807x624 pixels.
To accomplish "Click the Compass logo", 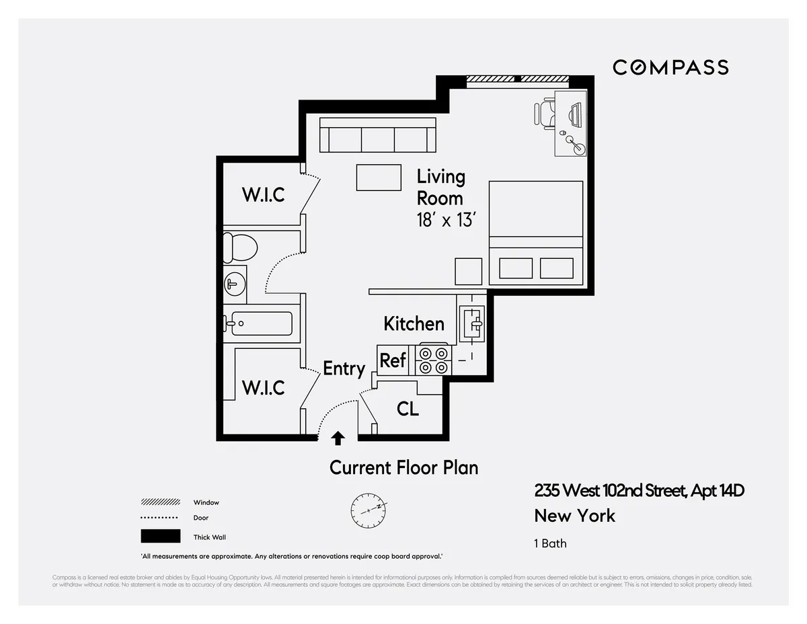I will click(670, 67).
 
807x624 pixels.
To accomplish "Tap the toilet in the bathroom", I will click(239, 247).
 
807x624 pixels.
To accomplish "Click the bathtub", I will click(258, 323).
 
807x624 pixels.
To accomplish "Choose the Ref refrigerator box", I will click(393, 360).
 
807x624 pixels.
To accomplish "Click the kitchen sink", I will click(472, 322).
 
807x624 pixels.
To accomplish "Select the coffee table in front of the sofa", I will click(379, 178).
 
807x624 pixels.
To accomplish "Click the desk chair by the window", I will click(546, 113).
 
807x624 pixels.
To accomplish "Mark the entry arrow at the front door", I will click(338, 439).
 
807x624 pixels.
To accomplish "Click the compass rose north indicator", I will click(368, 510).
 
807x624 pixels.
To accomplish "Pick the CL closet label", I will click(408, 409).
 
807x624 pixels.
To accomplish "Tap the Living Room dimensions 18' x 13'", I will click(447, 220).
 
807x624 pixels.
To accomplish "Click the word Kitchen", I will click(414, 323).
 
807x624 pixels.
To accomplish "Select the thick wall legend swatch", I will click(160, 536).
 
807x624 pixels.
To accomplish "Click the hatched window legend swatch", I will click(160, 502).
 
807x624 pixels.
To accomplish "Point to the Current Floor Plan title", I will click(403, 467).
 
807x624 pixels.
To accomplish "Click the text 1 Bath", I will click(550, 543).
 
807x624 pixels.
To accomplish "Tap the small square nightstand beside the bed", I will click(468, 271).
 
